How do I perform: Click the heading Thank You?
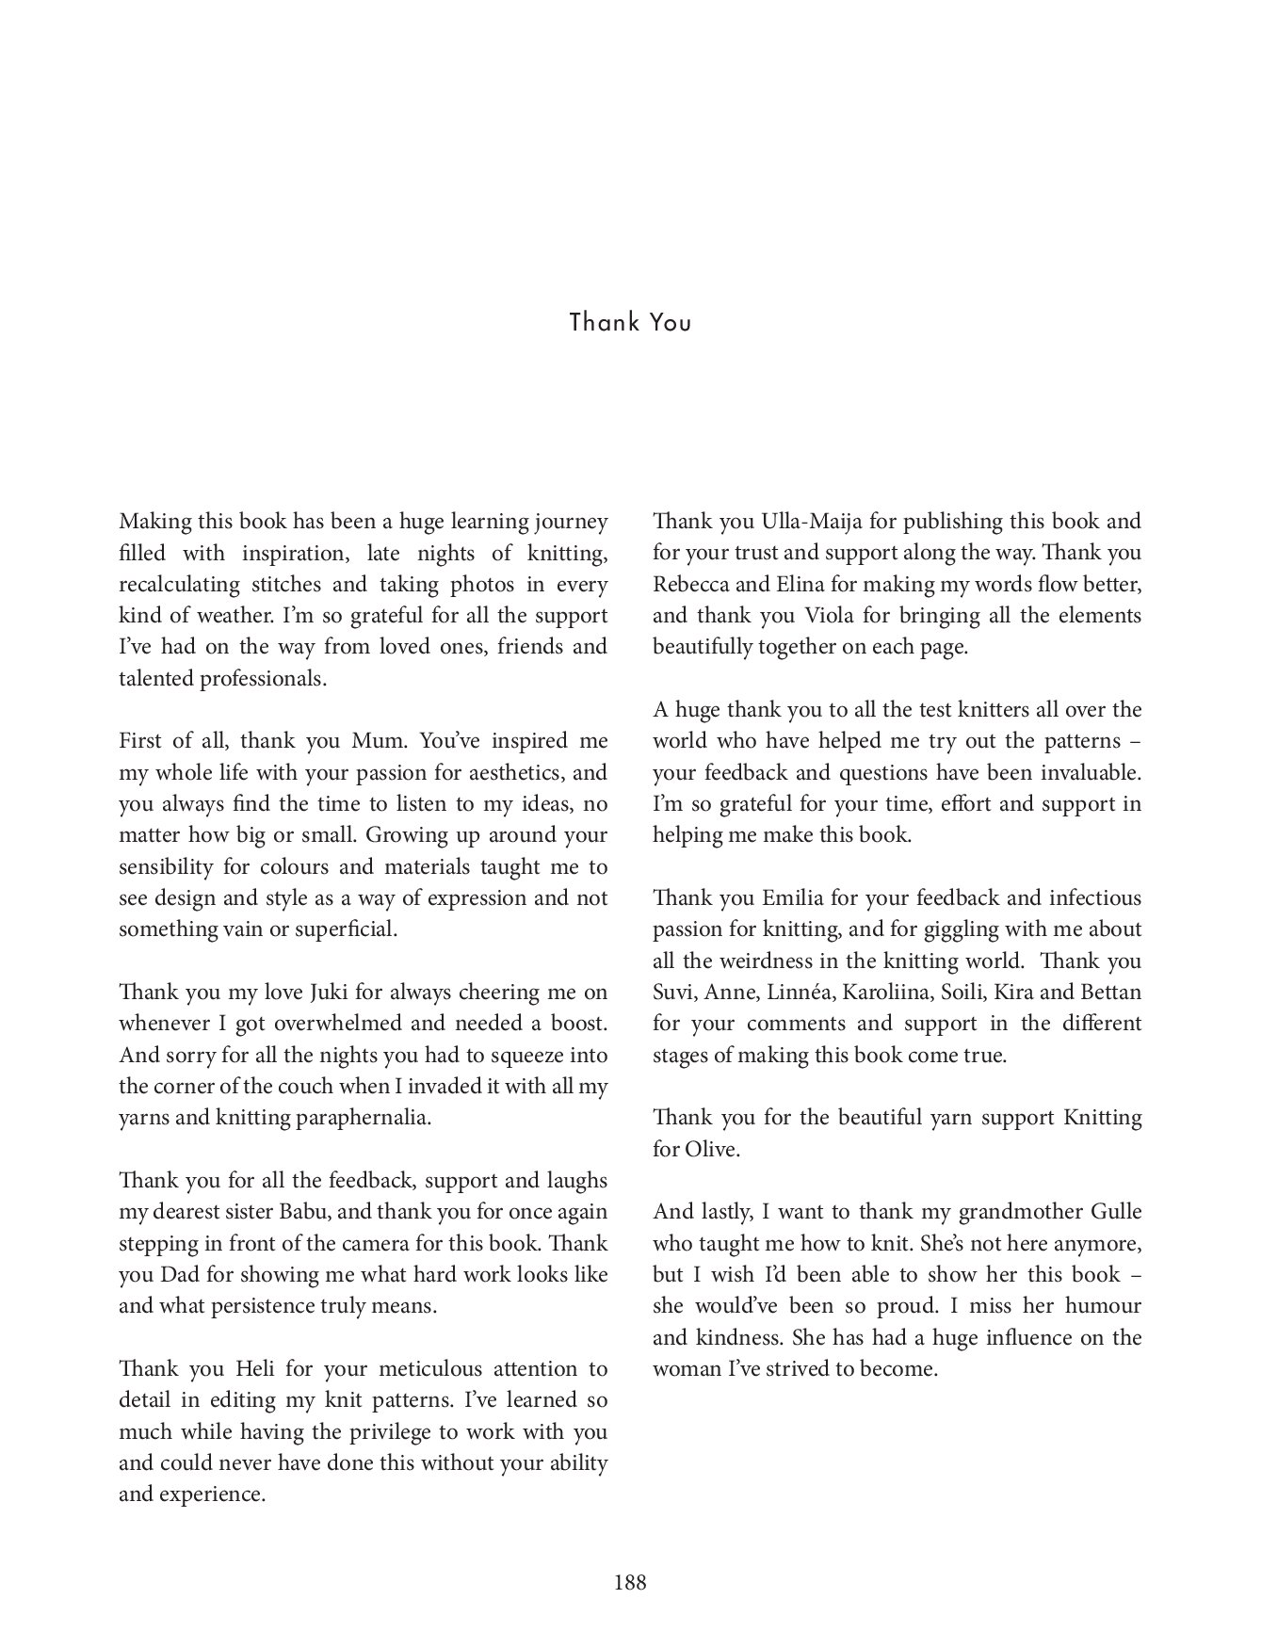tap(630, 323)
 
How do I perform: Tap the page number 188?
tap(630, 1582)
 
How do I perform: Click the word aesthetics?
tap(513, 773)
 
